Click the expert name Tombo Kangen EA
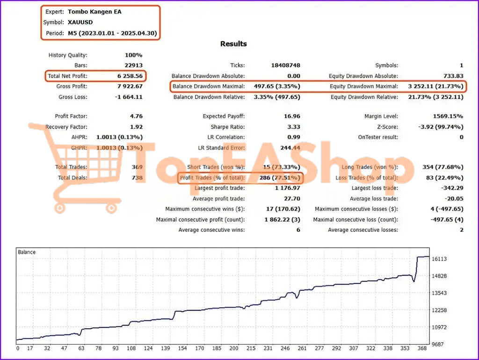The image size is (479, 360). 94,12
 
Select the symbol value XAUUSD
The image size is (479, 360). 80,22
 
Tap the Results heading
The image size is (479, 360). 233,44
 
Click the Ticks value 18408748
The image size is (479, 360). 285,65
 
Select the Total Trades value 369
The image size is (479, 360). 137,167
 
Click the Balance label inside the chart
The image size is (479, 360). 27,252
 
